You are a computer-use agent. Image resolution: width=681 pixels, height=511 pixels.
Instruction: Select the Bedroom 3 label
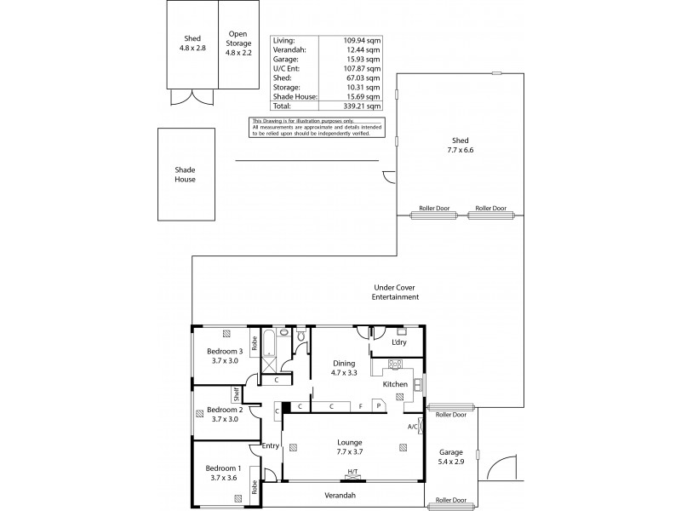[x=226, y=351]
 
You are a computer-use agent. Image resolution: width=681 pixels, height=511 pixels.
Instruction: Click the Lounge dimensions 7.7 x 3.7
[x=350, y=452]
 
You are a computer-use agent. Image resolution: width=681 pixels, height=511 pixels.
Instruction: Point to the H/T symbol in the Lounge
[x=352, y=471]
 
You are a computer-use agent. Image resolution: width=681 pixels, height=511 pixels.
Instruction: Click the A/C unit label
[x=413, y=426]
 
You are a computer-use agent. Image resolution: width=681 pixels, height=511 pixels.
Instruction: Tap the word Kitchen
[x=395, y=385]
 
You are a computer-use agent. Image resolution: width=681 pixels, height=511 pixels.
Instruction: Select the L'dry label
[x=398, y=342]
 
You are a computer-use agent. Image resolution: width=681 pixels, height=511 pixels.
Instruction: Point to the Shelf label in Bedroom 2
[x=236, y=394]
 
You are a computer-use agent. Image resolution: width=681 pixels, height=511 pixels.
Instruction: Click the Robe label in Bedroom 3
[x=253, y=346]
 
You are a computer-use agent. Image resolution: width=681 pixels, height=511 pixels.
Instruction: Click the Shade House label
[x=185, y=175]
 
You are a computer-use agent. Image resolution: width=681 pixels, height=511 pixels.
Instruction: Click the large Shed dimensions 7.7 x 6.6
[x=461, y=150]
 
